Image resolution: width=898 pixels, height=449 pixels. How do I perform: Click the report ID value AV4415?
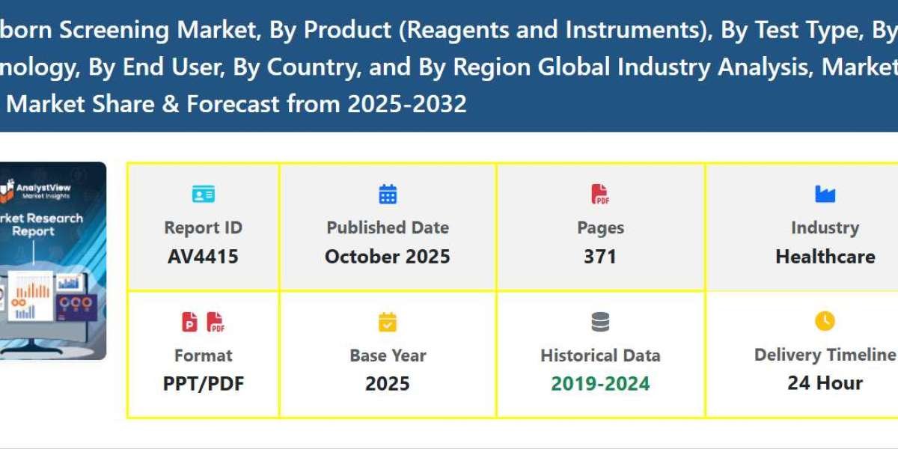click(203, 257)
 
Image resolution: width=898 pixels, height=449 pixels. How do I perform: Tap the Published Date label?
click(388, 227)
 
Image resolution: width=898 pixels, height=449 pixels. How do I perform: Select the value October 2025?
click(388, 257)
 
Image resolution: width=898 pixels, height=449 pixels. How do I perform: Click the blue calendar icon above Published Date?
click(388, 195)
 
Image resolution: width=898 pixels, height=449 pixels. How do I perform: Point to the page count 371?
click(600, 257)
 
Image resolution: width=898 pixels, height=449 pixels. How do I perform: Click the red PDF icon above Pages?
click(600, 195)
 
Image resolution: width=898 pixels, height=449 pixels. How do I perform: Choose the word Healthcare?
click(825, 257)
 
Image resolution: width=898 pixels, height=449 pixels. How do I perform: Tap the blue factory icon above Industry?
click(825, 195)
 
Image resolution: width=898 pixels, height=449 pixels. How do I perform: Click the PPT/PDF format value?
click(204, 383)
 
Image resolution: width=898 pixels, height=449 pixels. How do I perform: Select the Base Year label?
click(388, 355)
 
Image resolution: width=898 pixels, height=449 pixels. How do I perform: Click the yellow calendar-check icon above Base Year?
click(388, 322)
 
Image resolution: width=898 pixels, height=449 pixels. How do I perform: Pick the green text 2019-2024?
click(600, 383)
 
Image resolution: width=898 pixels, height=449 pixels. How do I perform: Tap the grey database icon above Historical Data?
click(600, 322)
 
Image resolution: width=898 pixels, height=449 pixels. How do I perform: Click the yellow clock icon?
click(825, 321)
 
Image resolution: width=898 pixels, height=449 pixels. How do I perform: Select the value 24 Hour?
click(825, 383)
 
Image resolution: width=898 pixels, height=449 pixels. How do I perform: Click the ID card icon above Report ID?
click(203, 195)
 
